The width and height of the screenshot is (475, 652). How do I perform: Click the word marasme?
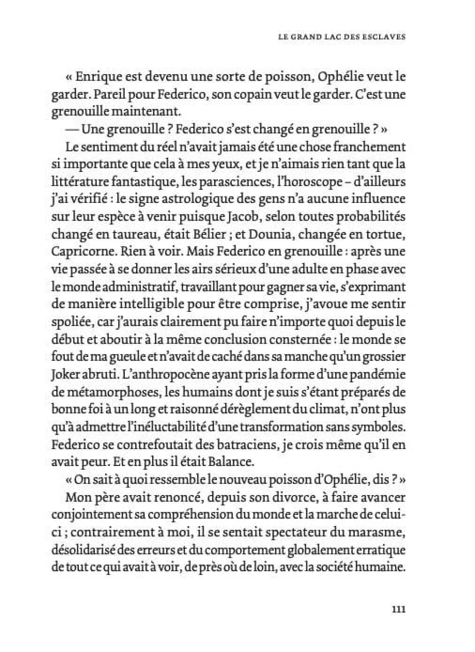tap(377, 531)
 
